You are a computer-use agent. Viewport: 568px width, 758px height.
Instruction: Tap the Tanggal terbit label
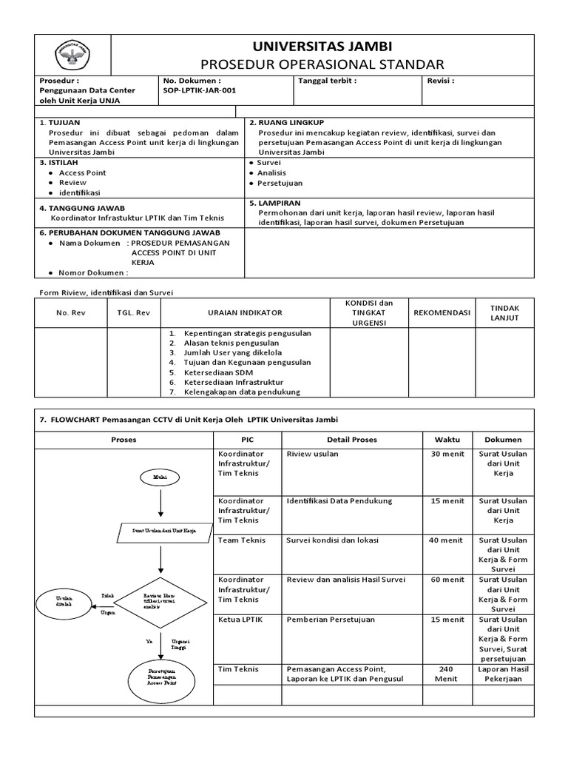point(327,80)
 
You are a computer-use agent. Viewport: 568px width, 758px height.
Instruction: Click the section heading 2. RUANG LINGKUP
point(286,122)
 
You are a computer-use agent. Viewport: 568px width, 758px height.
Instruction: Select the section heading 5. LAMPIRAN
point(275,202)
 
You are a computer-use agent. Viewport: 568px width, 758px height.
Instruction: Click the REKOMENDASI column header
point(442,312)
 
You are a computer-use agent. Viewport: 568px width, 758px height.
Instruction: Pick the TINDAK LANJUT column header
point(505,312)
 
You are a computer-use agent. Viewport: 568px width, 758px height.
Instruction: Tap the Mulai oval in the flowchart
point(160,477)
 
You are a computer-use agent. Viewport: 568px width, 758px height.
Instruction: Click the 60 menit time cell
point(447,580)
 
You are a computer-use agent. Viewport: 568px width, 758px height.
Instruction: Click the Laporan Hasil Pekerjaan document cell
point(504,674)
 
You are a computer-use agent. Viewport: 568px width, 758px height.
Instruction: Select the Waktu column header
point(447,439)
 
